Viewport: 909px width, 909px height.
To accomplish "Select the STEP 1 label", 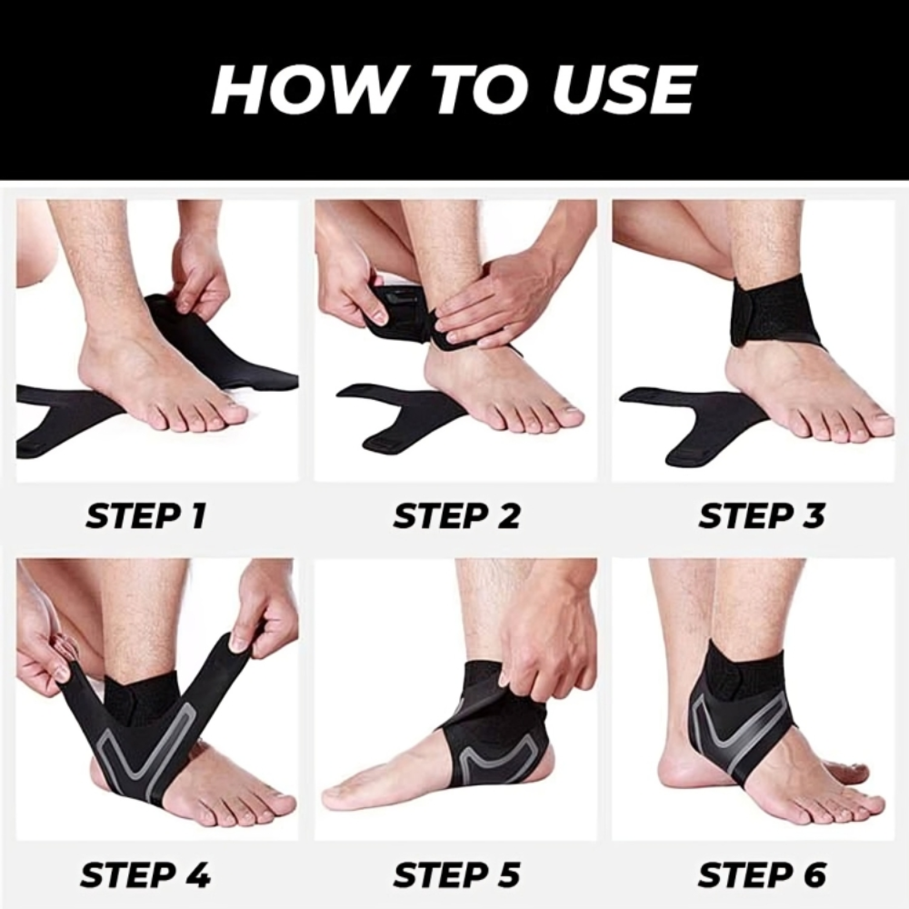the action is pyautogui.click(x=146, y=516).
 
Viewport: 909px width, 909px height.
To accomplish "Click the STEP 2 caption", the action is pyautogui.click(x=457, y=516).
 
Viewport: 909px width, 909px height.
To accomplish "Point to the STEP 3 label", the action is pyautogui.click(x=762, y=516).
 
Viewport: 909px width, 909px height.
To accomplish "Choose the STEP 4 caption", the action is pyautogui.click(x=145, y=874).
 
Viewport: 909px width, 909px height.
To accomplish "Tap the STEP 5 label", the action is pyautogui.click(x=457, y=874).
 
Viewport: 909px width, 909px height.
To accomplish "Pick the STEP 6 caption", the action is pyautogui.click(x=762, y=874).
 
